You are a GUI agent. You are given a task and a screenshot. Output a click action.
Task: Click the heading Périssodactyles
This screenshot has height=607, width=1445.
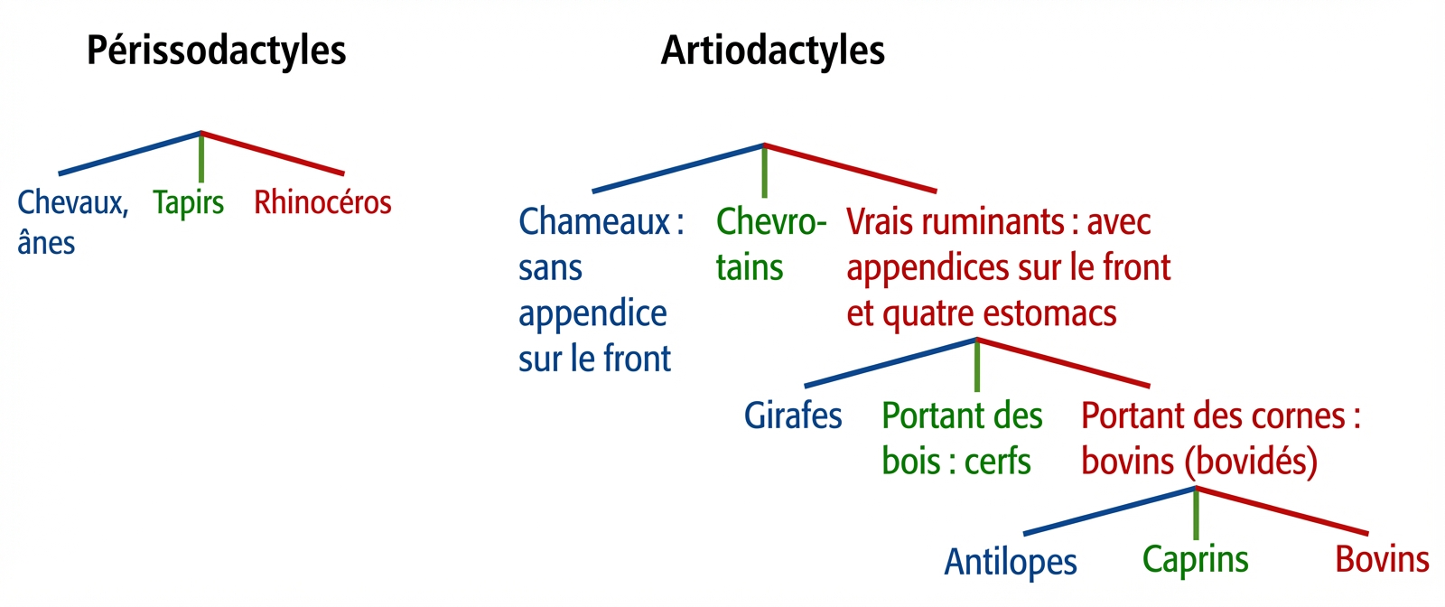click(216, 51)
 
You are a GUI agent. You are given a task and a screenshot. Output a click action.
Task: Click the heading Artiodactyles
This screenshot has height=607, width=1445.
click(773, 51)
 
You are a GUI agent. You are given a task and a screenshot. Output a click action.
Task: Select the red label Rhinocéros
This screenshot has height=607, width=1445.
click(322, 202)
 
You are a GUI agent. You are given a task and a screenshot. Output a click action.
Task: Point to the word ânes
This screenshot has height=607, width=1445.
click(46, 243)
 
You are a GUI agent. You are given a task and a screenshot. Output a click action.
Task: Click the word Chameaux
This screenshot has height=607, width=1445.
click(594, 222)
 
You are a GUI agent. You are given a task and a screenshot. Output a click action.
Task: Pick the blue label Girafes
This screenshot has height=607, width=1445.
click(793, 416)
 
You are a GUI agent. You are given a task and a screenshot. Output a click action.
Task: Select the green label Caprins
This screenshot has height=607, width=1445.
click(1196, 561)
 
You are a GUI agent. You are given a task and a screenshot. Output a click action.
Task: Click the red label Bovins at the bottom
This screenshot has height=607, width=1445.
click(1382, 559)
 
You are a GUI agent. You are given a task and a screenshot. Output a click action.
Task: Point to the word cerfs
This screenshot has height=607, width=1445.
click(997, 462)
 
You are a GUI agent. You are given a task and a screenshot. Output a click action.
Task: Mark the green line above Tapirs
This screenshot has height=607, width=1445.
click(201, 157)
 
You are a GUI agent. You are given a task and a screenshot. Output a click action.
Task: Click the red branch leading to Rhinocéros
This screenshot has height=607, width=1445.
click(272, 153)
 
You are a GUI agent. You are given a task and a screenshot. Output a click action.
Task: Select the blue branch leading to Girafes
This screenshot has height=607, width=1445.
click(890, 362)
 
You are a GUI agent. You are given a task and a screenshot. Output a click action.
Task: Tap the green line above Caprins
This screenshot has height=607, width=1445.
click(1196, 513)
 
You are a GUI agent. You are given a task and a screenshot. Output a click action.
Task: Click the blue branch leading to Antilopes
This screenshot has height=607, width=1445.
click(1110, 511)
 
